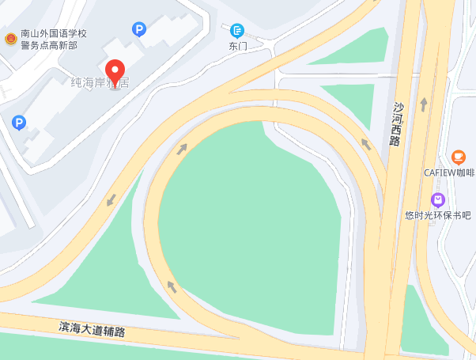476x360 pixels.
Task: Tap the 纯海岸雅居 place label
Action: coord(99,82)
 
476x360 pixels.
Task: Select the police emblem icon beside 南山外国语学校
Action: coord(10,39)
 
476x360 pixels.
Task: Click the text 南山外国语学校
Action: coord(54,34)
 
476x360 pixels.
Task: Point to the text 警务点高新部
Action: coord(49,45)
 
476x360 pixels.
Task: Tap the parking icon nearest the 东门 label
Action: coord(139,30)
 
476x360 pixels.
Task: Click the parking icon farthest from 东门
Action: coord(19,123)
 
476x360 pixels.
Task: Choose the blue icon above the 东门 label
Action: coord(237,30)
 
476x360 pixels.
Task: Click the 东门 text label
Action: coord(238,46)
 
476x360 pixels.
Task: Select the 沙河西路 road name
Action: coord(396,123)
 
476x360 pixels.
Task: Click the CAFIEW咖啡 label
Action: coord(449,172)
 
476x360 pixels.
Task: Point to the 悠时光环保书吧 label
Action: coord(437,215)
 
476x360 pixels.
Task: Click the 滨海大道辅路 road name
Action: coord(93,328)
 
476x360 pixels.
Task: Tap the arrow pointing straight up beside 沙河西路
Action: coord(424,104)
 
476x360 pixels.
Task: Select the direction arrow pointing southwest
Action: coord(111,200)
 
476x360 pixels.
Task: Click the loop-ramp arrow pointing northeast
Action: coord(183,148)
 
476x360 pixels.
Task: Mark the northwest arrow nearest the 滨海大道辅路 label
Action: coord(171,285)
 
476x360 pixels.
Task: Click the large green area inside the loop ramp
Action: coord(245,222)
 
